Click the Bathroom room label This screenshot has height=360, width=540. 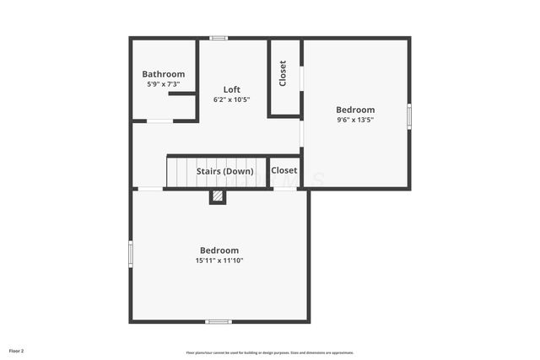tap(163, 74)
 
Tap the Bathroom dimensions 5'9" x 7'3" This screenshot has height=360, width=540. tap(163, 84)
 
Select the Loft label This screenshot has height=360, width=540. tap(232, 89)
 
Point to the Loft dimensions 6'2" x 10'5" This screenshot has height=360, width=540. tap(232, 99)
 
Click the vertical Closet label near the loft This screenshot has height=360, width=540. tap(283, 73)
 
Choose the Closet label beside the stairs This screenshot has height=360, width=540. tap(284, 171)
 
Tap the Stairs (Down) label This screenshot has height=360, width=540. tap(225, 171)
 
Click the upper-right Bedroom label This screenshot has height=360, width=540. tap(355, 110)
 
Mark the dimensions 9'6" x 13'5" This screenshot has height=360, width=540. tap(355, 120)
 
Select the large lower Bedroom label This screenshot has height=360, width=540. tap(219, 250)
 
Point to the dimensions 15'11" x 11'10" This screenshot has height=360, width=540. tap(219, 261)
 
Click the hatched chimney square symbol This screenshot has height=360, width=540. tap(218, 196)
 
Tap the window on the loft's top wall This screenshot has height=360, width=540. tap(219, 37)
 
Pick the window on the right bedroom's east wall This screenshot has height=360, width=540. tap(409, 115)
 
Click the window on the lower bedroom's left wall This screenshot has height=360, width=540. tap(131, 254)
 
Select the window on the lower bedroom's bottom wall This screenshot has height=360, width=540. tap(219, 321)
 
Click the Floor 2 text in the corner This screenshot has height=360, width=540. tap(17, 350)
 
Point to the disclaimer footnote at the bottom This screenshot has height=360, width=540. tap(270, 352)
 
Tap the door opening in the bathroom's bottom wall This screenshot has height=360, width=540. tap(160, 121)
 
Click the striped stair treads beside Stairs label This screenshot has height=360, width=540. tap(181, 173)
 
